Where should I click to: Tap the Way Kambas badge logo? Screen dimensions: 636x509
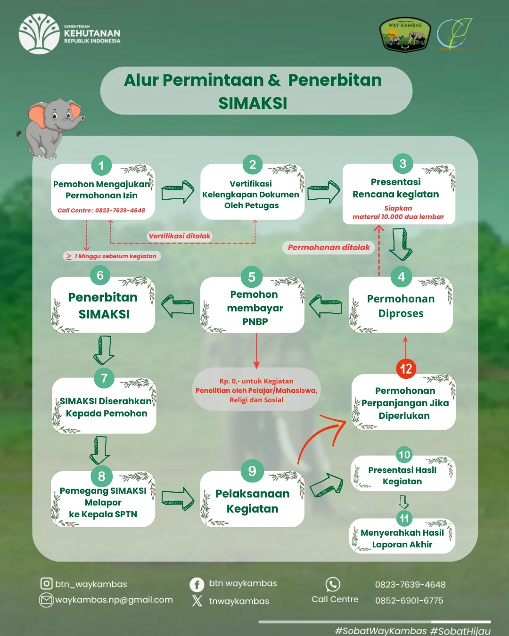[405, 35]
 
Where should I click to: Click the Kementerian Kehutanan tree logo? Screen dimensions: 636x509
[39, 34]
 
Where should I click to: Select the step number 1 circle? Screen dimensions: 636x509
[101, 165]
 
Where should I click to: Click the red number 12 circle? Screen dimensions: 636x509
[406, 368]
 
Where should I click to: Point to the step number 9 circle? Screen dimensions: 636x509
[252, 471]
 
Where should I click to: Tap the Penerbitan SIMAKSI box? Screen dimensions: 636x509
[103, 306]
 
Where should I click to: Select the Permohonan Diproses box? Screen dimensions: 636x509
[401, 306]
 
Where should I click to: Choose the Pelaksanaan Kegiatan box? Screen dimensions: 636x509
[252, 501]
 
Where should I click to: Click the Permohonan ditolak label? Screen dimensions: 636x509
[328, 248]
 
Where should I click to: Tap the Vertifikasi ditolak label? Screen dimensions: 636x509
[180, 236]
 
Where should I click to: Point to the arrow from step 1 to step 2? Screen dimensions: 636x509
[178, 191]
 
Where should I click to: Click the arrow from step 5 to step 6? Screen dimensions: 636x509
[178, 305]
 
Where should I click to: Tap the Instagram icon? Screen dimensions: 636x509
[46, 584]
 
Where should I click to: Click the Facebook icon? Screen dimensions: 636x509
[197, 585]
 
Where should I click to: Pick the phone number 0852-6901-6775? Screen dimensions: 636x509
[409, 601]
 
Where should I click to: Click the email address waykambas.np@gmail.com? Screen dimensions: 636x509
[114, 600]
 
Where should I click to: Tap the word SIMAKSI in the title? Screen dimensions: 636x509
[253, 103]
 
